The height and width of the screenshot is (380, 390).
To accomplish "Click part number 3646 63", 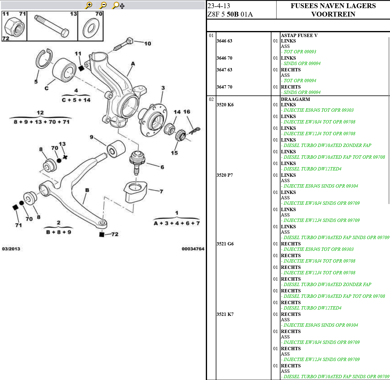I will tap(224, 41).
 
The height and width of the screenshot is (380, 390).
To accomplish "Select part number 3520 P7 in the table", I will tap(225, 175).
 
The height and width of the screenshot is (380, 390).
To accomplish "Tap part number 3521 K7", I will tap(225, 314).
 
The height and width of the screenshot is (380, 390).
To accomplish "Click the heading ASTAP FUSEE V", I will tap(299, 36).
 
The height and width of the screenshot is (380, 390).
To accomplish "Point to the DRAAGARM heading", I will tap(295, 99).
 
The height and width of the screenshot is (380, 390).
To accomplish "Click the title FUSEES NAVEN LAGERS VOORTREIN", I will tap(333, 10).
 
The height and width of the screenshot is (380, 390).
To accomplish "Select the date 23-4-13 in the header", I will tap(219, 6).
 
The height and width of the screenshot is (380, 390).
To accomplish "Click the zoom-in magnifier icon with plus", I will tap(89, 5).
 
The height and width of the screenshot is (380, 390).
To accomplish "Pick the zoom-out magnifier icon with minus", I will tap(103, 5).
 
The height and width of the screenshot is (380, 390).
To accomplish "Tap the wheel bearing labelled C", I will tap(64, 70).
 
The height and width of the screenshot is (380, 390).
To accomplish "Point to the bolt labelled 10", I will tap(123, 45).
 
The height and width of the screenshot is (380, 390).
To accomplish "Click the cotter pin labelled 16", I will tap(195, 130).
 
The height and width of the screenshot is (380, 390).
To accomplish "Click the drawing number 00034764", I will tap(193, 249).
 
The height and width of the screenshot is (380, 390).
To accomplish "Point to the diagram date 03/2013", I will tap(11, 249).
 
